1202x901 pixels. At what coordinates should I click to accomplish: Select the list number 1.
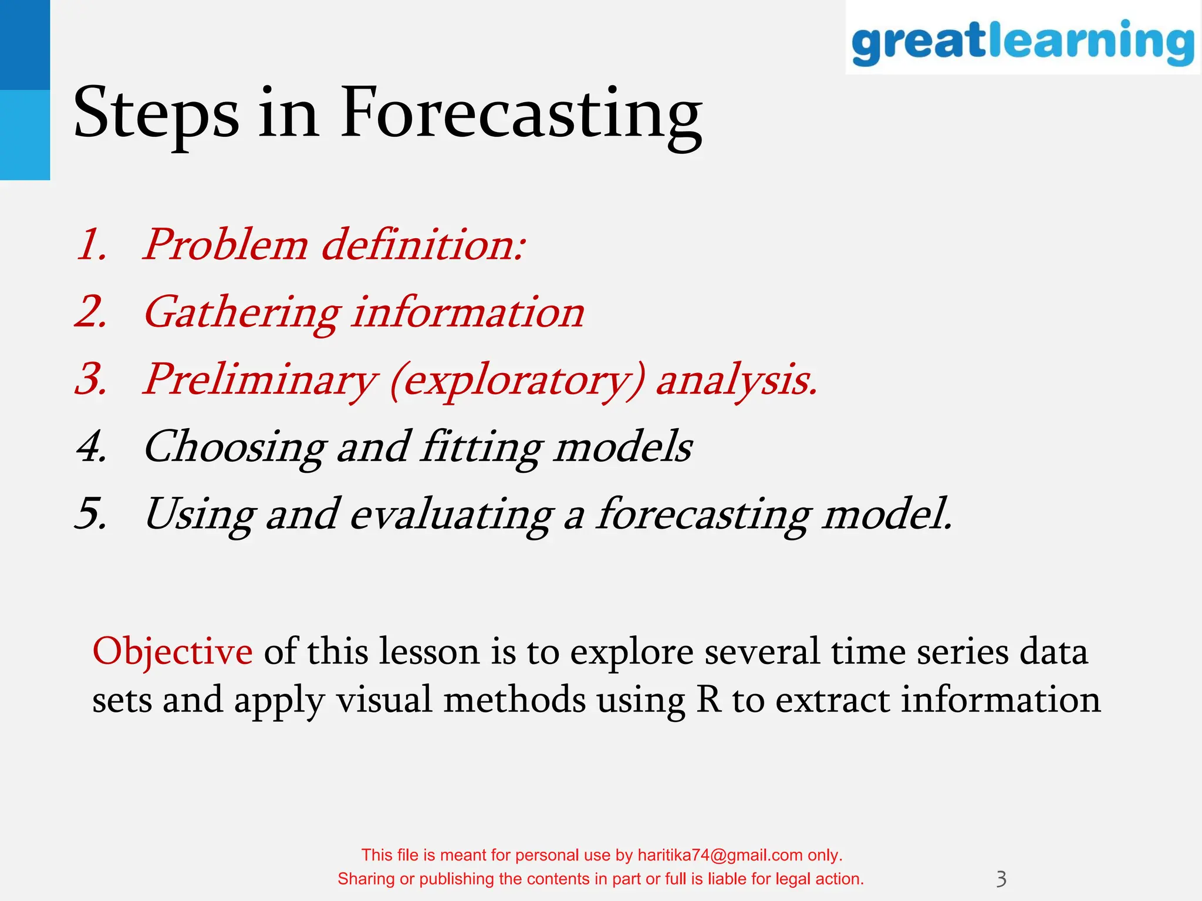pos(92,245)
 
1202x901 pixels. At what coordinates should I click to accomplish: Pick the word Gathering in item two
pos(242,313)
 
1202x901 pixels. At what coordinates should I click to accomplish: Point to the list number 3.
pos(92,380)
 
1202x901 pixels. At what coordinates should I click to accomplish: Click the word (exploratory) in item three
pos(517,381)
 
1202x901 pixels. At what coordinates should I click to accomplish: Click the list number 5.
pos(92,514)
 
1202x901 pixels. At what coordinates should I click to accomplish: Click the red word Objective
pos(173,652)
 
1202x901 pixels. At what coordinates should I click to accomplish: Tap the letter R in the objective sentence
pos(708,700)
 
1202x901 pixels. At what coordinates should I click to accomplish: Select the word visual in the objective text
pos(384,700)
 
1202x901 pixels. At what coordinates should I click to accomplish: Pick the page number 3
pos(1001,879)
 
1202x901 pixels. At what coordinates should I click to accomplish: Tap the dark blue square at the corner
pos(25,45)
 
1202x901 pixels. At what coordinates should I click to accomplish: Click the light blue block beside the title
pos(25,135)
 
